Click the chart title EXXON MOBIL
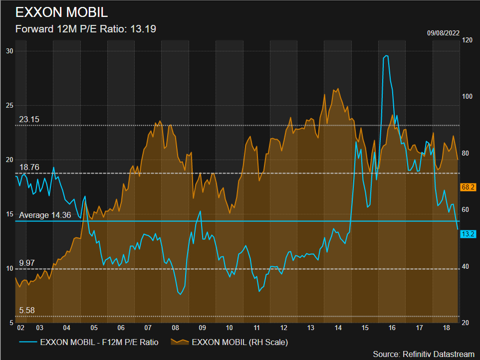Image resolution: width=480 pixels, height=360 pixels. [61, 12]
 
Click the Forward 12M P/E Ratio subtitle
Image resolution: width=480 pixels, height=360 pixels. [86, 29]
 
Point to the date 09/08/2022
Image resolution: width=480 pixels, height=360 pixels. [443, 33]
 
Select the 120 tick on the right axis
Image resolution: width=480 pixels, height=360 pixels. [468, 39]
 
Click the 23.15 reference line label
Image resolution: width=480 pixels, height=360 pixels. [29, 120]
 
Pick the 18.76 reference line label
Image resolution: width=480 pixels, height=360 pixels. [29, 167]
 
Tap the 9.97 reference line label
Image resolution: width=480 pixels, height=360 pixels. [27, 263]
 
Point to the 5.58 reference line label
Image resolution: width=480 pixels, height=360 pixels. [27, 310]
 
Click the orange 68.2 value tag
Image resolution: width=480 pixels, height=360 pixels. [468, 187]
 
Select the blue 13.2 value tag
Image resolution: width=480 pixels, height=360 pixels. [468, 234]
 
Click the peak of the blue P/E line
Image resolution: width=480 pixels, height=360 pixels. [386, 56]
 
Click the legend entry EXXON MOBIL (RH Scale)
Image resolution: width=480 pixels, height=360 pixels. [230, 342]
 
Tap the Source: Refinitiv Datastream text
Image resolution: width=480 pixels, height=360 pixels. [424, 354]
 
